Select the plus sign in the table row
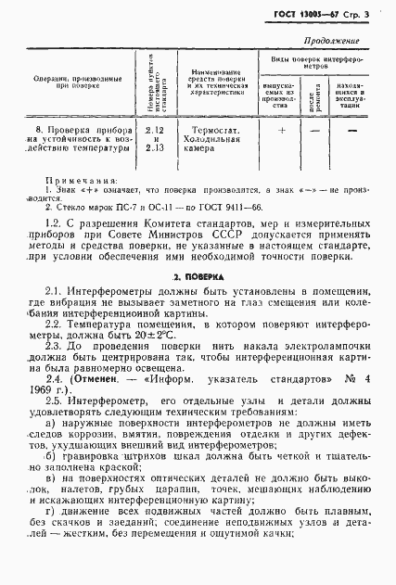coord(282,131)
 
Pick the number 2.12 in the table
coord(155,131)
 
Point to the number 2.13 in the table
coord(155,146)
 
